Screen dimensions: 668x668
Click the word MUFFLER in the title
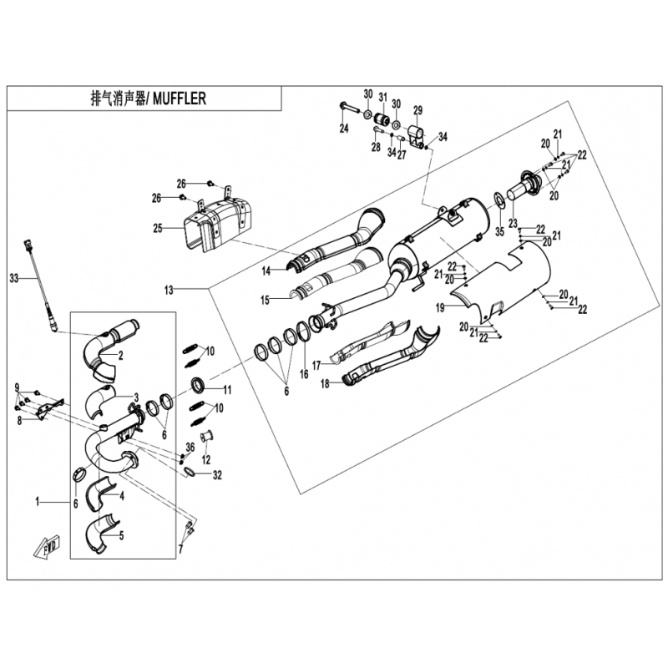(180, 99)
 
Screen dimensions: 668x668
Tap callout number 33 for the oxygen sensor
(14, 279)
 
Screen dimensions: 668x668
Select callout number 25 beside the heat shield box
(158, 229)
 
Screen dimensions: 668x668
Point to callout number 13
(169, 290)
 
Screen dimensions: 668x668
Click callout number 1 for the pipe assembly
(38, 503)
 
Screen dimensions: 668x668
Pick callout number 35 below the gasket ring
(499, 232)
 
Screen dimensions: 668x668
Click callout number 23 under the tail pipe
(513, 223)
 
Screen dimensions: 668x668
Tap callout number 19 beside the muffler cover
(440, 307)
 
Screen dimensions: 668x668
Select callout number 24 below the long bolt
(344, 129)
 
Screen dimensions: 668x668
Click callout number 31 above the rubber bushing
(383, 98)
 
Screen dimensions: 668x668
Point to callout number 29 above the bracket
(418, 110)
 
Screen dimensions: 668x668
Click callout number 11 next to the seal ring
(227, 390)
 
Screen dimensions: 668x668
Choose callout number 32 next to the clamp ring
(217, 474)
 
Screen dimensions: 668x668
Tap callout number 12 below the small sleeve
(206, 460)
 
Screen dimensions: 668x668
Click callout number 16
(304, 374)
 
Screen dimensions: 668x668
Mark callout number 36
(190, 448)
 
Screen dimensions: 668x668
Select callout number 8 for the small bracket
(19, 422)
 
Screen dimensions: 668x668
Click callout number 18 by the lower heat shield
(325, 384)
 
